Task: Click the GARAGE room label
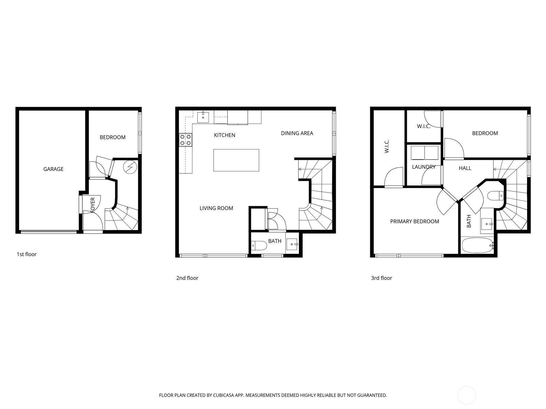(53, 169)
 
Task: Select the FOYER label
(92, 205)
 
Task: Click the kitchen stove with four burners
(186, 140)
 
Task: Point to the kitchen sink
(203, 117)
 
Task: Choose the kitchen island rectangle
(236, 160)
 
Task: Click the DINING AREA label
(297, 133)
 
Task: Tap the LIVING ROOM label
(216, 208)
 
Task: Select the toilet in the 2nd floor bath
(259, 246)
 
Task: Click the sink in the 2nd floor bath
(292, 244)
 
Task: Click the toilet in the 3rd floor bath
(495, 196)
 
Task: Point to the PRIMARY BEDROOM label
(414, 222)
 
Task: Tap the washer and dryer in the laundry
(425, 153)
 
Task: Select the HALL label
(465, 168)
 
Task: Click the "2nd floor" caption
(187, 278)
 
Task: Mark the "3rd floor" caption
(381, 278)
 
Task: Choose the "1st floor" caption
(27, 254)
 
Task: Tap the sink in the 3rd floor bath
(487, 224)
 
